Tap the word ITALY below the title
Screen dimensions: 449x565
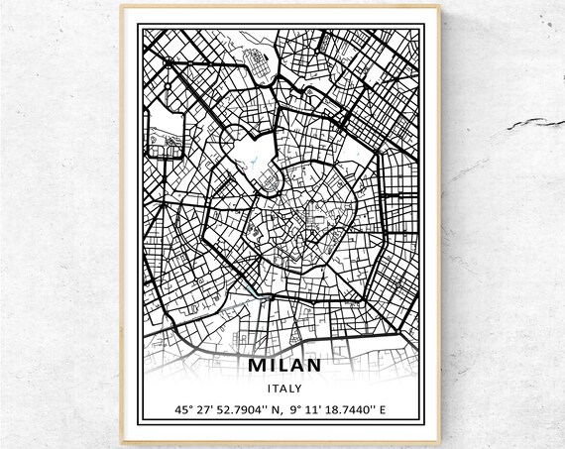pos(283,388)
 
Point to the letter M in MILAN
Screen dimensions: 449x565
pos(260,366)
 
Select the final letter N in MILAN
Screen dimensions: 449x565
pos(312,366)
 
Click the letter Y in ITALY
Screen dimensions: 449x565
pos(298,388)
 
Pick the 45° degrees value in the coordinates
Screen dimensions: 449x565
pos(182,409)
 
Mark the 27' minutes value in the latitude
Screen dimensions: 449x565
pos(202,409)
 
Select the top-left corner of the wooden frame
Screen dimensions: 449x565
pos(122,7)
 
